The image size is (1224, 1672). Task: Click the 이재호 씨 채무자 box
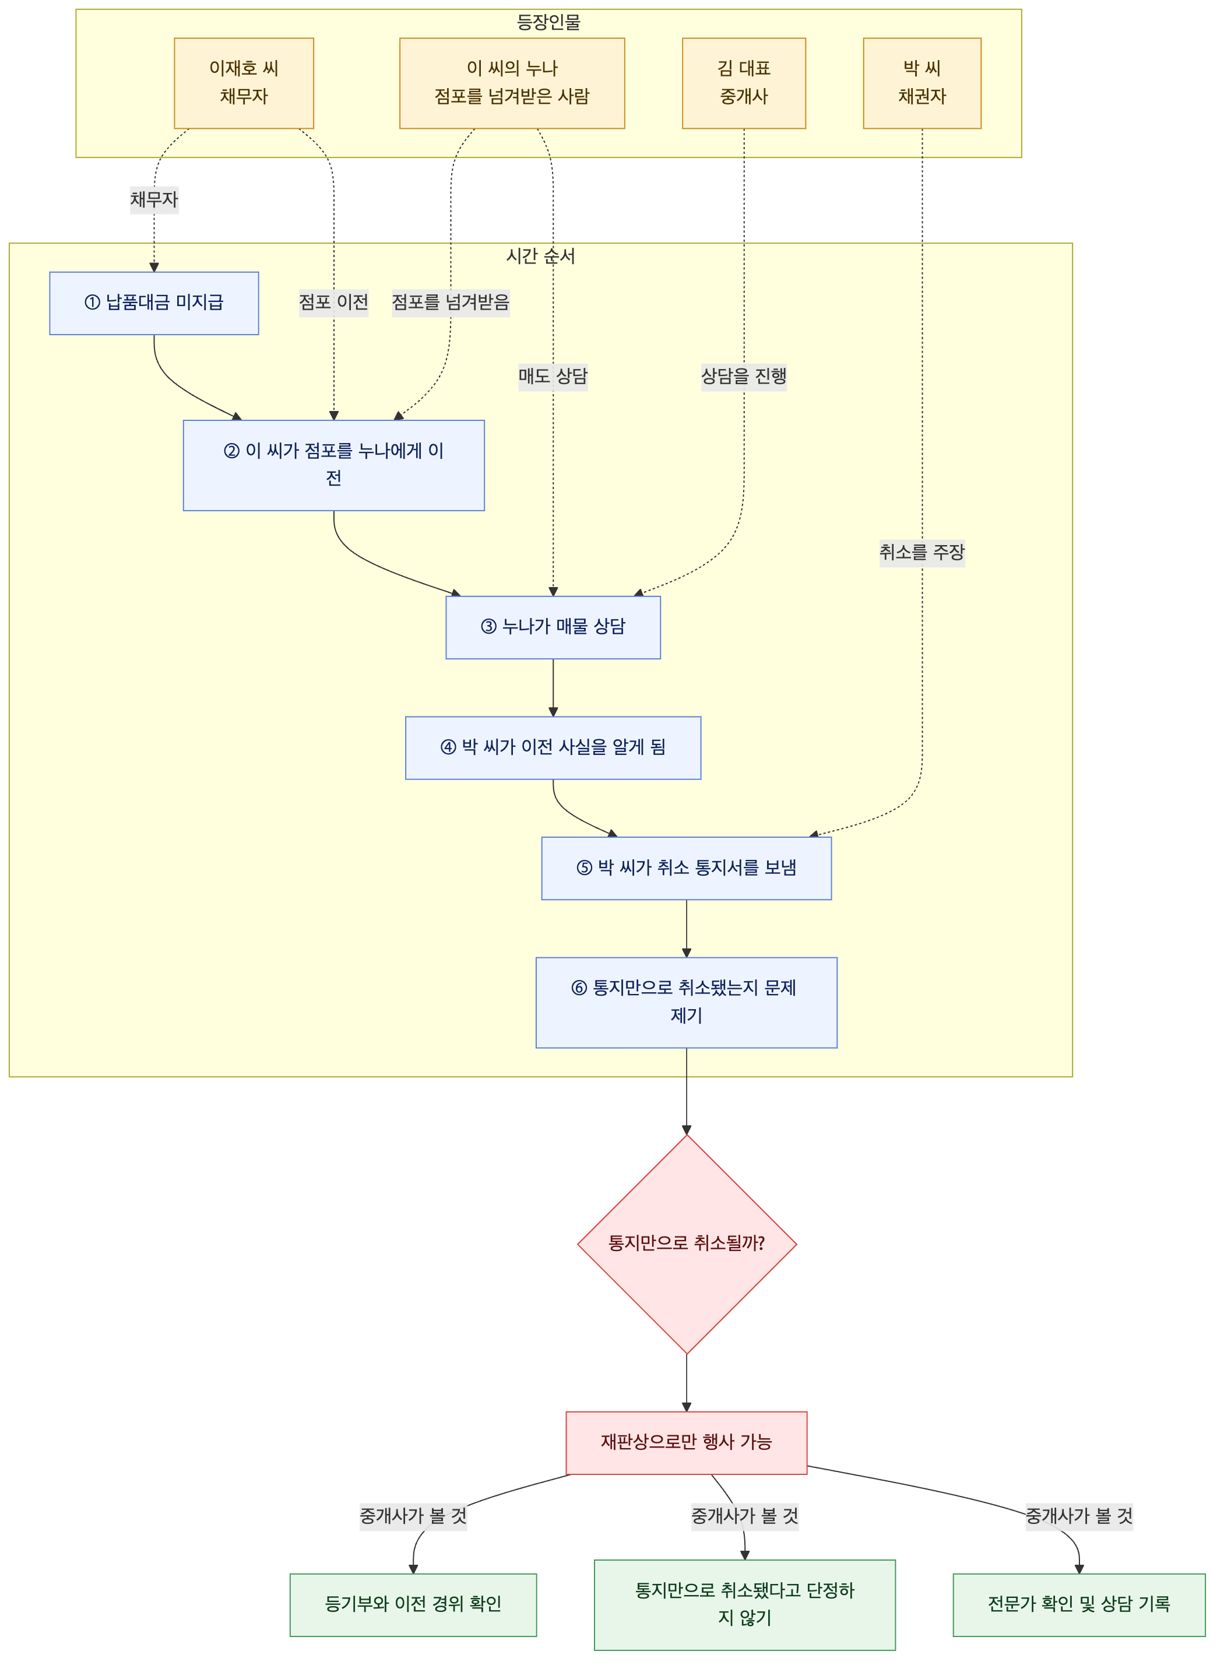click(244, 83)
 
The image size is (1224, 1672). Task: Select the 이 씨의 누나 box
click(512, 83)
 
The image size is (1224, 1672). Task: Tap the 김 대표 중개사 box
click(744, 83)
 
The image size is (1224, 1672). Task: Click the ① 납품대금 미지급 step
click(154, 303)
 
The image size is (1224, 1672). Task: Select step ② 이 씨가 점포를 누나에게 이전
click(334, 465)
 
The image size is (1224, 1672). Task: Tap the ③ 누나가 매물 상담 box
click(554, 627)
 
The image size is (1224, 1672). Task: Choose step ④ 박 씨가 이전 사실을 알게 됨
click(554, 748)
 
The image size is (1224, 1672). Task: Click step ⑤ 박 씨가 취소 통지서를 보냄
click(687, 869)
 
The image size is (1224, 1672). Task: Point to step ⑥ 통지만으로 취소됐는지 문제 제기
click(687, 1003)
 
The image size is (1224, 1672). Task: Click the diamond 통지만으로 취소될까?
click(687, 1244)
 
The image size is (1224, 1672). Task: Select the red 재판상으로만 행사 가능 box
click(687, 1443)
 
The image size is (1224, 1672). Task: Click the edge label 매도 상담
click(554, 377)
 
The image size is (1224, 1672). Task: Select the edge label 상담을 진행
click(744, 377)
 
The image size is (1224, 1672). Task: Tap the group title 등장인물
click(548, 23)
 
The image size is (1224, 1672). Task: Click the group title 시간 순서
click(541, 257)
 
